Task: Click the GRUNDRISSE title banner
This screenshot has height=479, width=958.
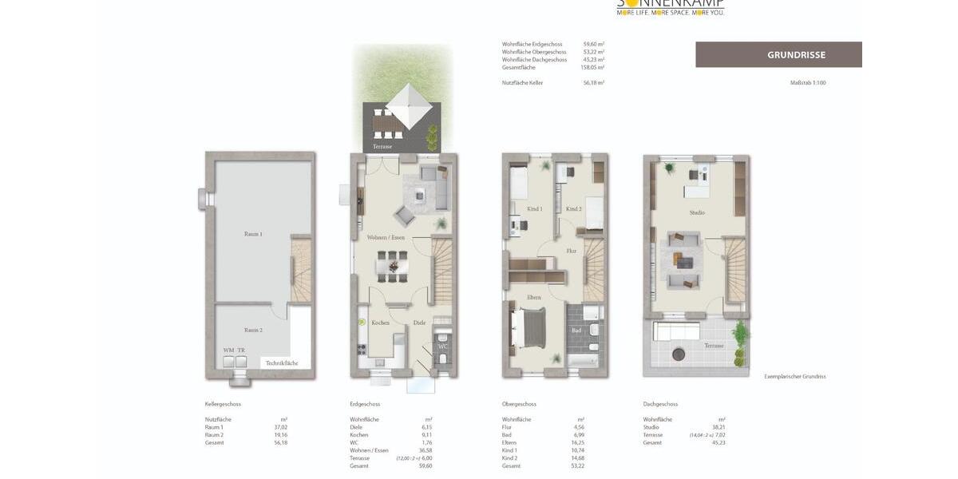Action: [x=778, y=54]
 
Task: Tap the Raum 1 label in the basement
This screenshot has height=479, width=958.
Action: [x=253, y=234]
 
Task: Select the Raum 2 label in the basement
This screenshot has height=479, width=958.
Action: [x=253, y=330]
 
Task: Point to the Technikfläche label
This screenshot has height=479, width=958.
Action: [x=282, y=362]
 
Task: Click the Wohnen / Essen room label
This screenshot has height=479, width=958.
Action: [x=386, y=237]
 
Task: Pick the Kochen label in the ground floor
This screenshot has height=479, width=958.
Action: [x=381, y=323]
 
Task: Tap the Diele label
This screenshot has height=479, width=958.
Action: [x=419, y=323]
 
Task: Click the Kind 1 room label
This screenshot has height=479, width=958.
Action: [x=534, y=209]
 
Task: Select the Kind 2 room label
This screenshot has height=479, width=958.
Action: [x=573, y=209]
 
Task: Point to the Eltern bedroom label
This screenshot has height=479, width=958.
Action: [x=533, y=297]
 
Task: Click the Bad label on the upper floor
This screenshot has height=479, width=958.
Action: [x=575, y=330]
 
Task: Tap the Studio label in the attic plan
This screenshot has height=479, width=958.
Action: [x=697, y=212]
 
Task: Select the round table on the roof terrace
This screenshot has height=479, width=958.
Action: [x=679, y=354]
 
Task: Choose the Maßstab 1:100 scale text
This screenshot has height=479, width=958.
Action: [x=807, y=82]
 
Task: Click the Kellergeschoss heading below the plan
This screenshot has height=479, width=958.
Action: [x=223, y=404]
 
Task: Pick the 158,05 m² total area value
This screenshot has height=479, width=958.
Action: [x=592, y=67]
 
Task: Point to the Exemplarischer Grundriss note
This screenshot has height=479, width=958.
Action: [x=794, y=376]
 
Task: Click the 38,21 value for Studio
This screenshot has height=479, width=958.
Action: [x=718, y=427]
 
